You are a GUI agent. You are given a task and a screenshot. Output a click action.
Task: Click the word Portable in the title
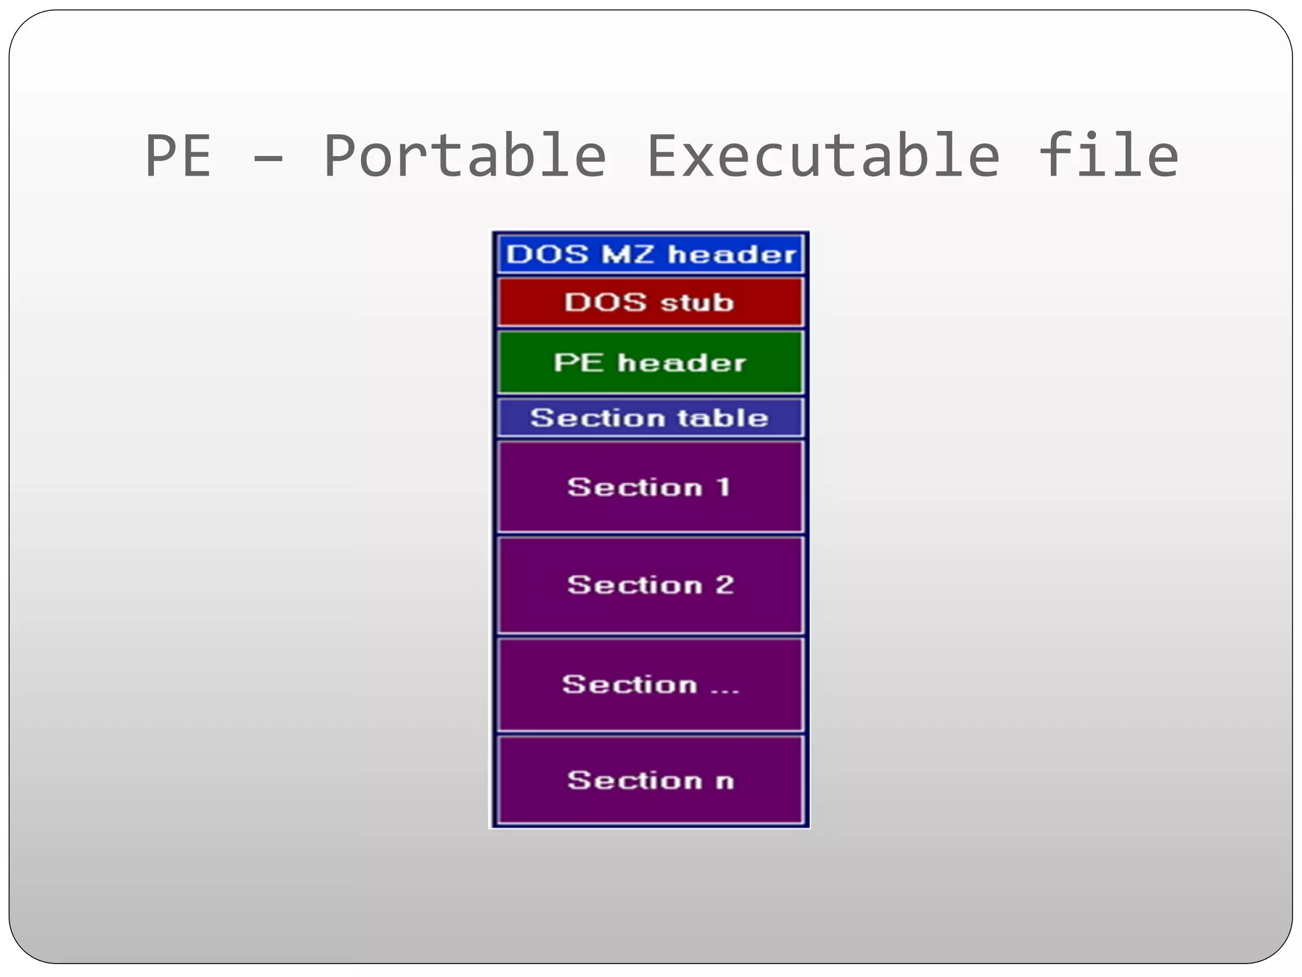click(465, 156)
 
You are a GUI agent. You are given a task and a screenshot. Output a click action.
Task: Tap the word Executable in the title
click(823, 156)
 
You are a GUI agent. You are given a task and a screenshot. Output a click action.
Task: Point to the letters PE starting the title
click(178, 157)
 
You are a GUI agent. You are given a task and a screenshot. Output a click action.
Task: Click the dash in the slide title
click(268, 159)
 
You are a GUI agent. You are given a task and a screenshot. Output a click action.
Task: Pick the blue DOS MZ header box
click(650, 254)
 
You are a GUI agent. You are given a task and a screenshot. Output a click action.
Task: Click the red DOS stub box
click(650, 302)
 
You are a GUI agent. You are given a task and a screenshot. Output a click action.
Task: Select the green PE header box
click(650, 363)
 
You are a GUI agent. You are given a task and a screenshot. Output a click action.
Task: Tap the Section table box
click(650, 418)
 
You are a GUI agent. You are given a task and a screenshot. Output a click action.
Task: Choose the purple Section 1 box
click(650, 487)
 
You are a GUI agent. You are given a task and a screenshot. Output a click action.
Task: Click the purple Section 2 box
click(650, 585)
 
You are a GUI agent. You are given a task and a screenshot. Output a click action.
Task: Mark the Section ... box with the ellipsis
click(650, 684)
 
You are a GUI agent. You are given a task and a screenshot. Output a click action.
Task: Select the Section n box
click(650, 780)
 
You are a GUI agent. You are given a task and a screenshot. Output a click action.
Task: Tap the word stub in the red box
click(697, 303)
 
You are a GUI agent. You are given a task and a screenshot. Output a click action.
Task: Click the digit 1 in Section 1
click(723, 487)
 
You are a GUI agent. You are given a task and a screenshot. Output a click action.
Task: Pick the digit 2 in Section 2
click(725, 585)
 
